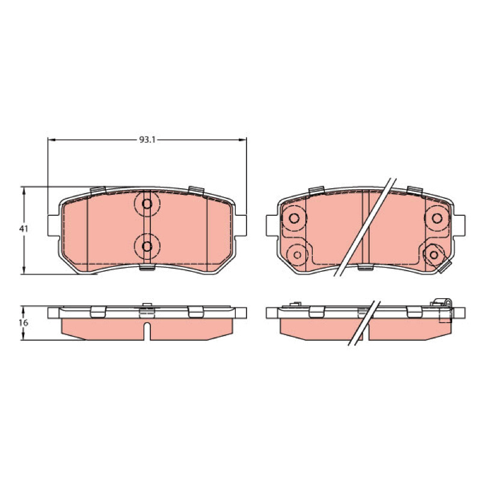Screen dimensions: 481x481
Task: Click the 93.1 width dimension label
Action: click(148, 140)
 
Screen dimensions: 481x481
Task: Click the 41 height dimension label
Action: click(23, 229)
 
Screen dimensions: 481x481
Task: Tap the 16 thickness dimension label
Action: click(23, 323)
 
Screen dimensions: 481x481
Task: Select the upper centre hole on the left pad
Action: click(147, 204)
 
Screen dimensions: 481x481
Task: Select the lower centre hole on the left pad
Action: click(147, 246)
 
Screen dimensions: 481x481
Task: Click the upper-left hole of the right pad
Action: click(294, 218)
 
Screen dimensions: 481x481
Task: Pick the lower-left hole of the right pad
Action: click(297, 254)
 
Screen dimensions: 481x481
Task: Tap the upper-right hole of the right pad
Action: click(437, 218)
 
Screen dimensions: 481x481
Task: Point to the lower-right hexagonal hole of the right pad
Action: click(434, 254)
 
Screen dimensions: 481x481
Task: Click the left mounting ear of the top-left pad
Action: click(54, 225)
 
